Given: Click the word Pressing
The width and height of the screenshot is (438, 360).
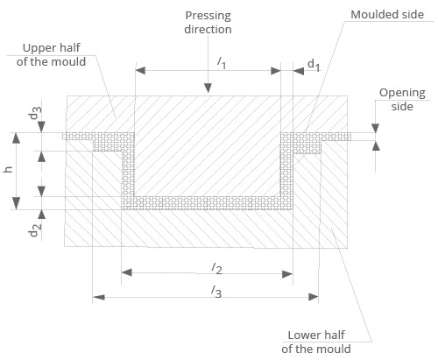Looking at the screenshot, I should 208,16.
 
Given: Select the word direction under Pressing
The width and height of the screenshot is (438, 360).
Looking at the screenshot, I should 208,29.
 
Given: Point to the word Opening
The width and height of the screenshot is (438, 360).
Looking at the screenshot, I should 401,93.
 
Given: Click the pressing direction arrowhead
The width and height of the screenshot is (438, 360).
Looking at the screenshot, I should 208,89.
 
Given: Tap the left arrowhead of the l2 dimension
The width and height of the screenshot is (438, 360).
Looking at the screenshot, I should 126,272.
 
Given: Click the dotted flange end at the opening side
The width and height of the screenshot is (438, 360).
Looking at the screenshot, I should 346,138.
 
